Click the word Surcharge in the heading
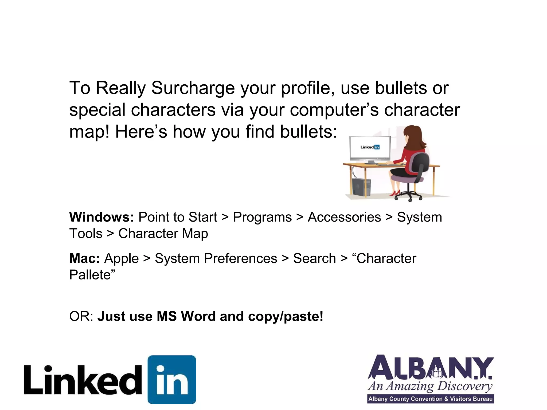click(193, 88)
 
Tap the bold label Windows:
click(101, 217)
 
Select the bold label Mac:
click(84, 258)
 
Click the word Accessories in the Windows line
click(344, 217)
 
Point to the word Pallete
click(90, 275)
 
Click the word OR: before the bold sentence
click(81, 316)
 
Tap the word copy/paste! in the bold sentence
click(286, 316)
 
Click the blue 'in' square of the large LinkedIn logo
click(172, 379)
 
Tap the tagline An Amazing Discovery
click(430, 386)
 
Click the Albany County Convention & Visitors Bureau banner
click(430, 399)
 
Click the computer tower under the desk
click(361, 187)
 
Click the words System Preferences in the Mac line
click(216, 258)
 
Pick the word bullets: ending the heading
click(308, 132)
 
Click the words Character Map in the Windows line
click(163, 234)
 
